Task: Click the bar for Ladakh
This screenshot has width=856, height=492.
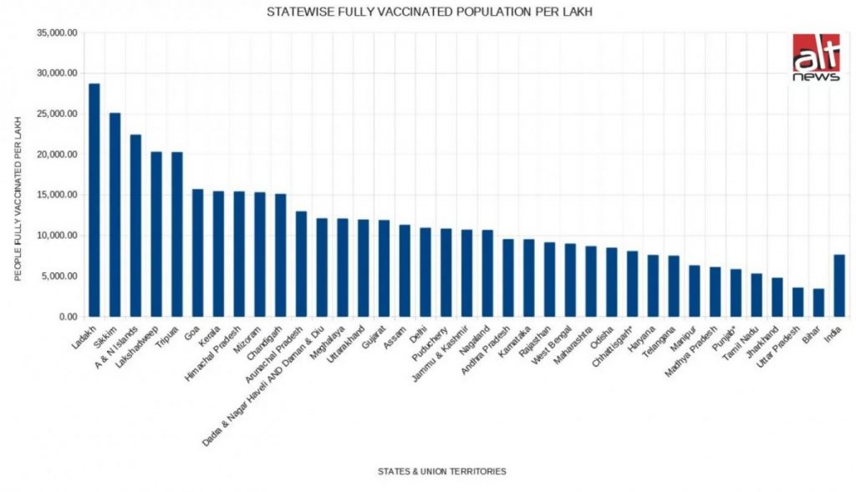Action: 94,200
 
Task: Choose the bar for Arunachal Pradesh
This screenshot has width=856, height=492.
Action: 301,264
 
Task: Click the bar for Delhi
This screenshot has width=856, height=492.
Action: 425,272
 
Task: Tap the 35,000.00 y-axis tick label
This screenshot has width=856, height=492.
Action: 58,33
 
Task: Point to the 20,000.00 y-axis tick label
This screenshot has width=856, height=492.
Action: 58,155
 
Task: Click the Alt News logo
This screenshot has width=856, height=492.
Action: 816,57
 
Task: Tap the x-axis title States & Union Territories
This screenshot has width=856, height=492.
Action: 441,472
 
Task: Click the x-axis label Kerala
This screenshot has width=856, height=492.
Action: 209,334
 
